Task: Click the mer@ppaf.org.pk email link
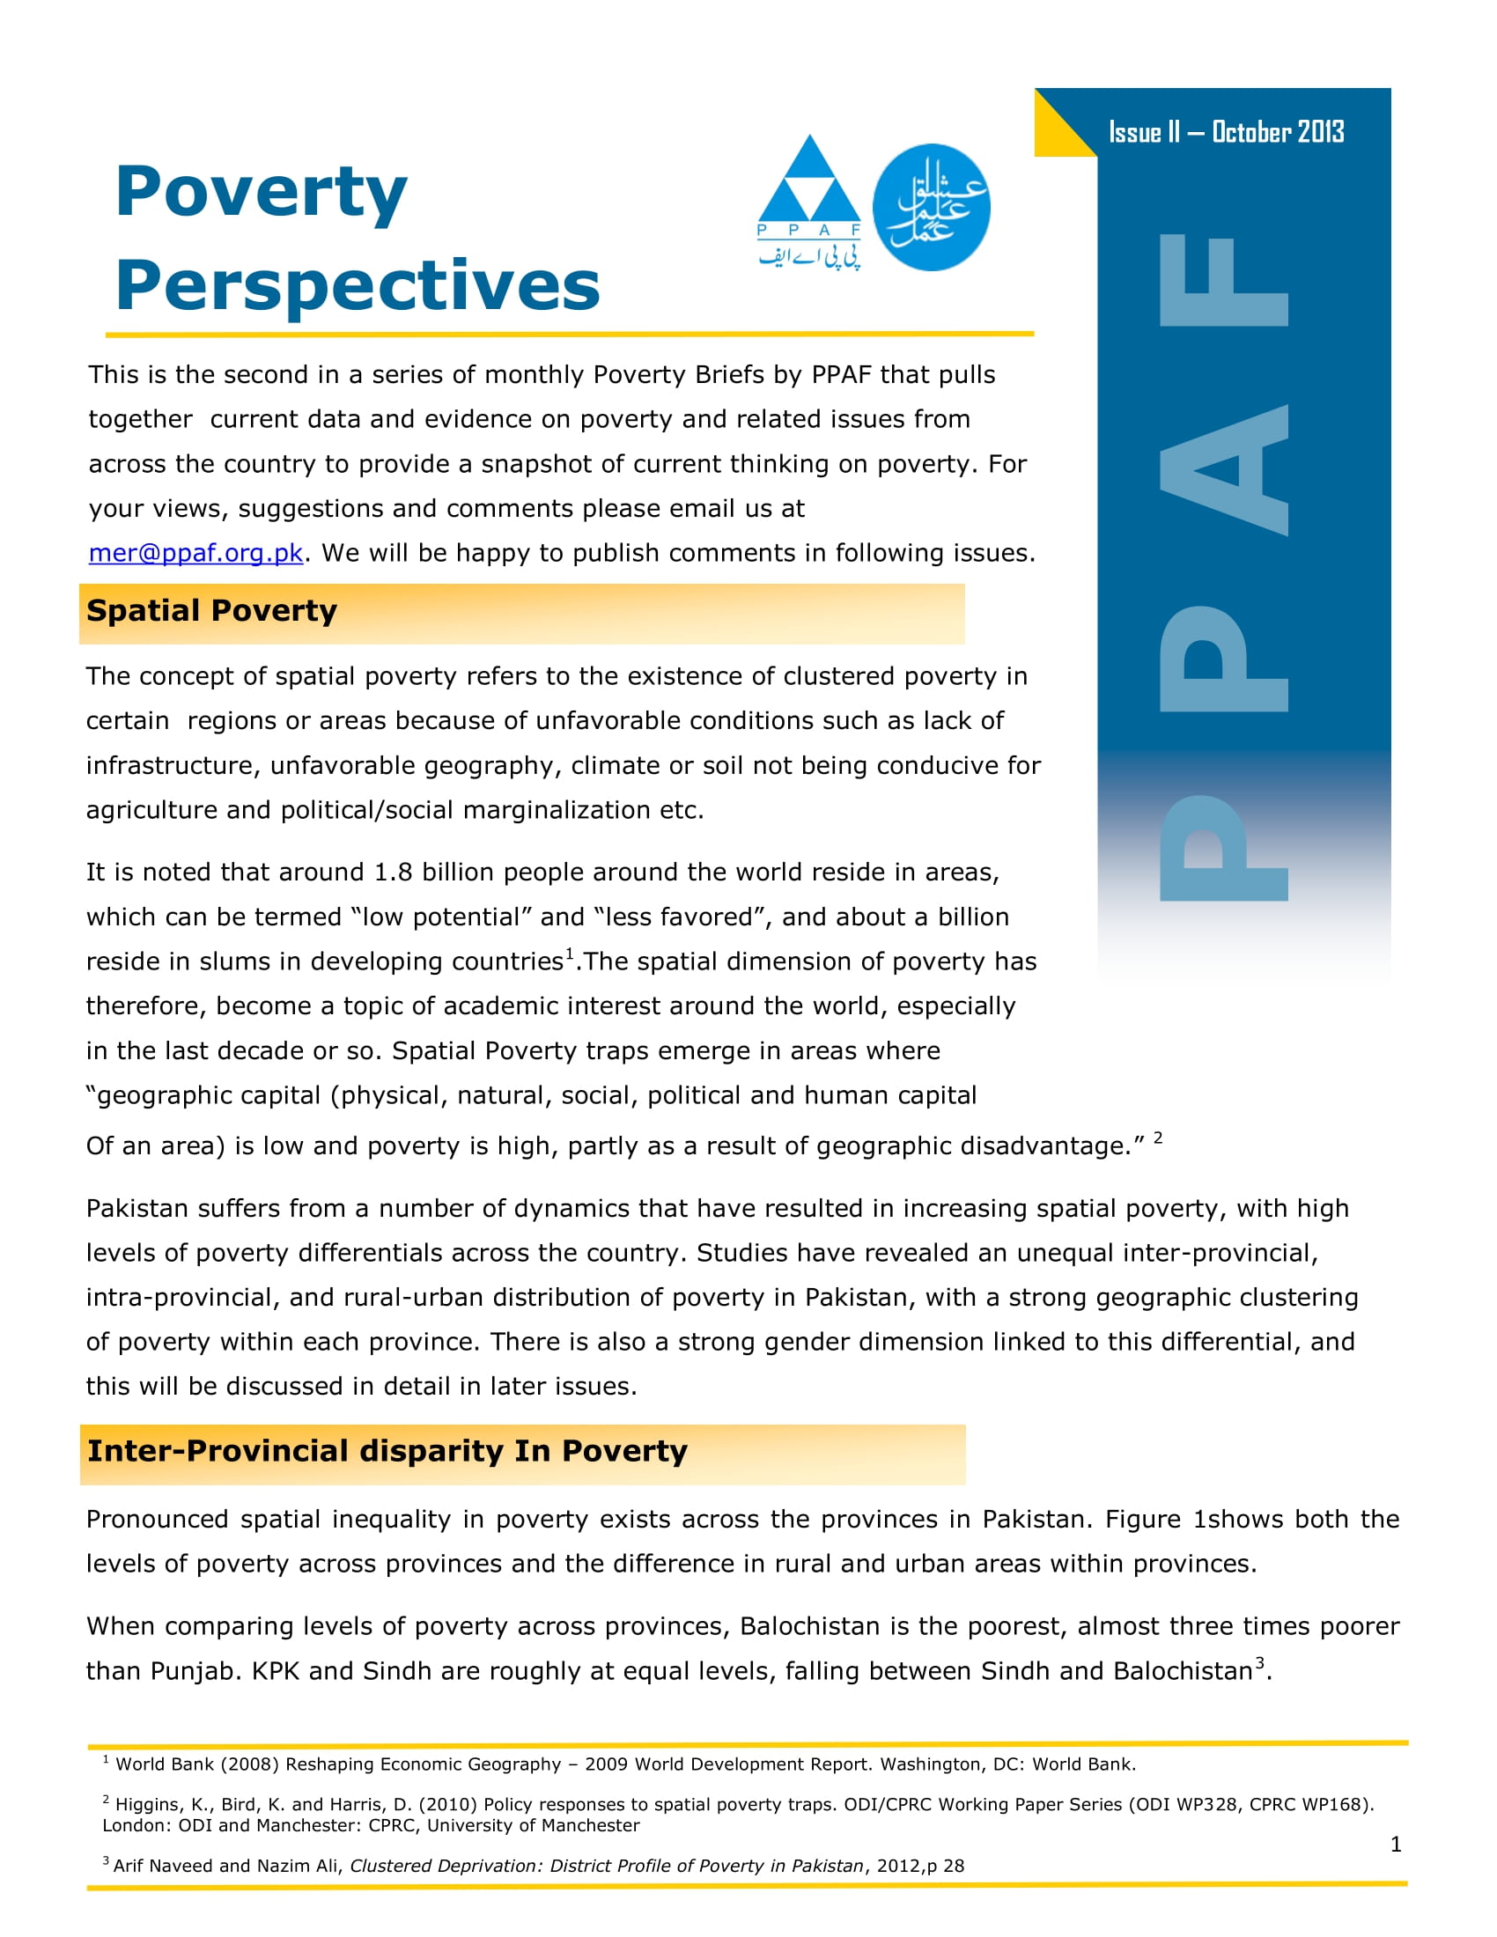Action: click(195, 553)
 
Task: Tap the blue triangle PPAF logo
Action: click(808, 192)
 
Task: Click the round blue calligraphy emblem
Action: click(931, 207)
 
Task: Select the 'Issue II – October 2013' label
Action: click(1226, 132)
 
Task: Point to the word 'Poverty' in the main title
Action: click(261, 194)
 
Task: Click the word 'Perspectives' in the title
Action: click(358, 286)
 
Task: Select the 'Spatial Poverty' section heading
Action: click(212, 611)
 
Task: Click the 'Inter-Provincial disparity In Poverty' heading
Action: click(387, 1451)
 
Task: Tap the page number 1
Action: click(1396, 1844)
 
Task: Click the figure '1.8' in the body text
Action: click(393, 873)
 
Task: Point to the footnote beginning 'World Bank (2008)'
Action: click(621, 1764)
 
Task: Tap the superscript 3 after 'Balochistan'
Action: click(1259, 1663)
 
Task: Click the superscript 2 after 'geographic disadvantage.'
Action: click(1157, 1137)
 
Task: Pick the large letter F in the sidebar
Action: click(1224, 280)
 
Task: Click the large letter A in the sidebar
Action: click(1224, 469)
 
